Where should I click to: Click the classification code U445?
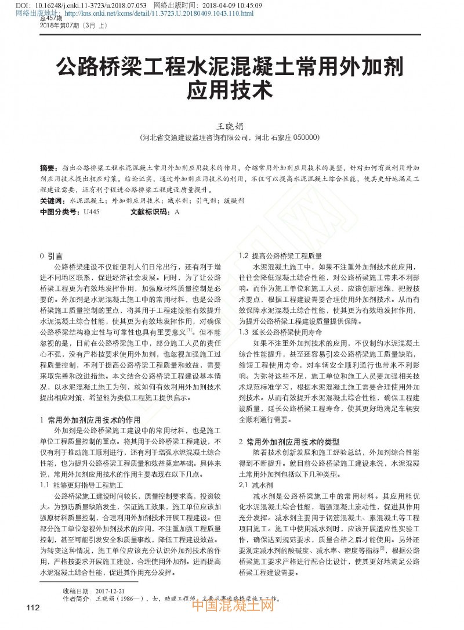point(92,212)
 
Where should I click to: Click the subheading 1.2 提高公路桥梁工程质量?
point(281,255)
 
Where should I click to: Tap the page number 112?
point(32,607)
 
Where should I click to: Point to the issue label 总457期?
point(50,20)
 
